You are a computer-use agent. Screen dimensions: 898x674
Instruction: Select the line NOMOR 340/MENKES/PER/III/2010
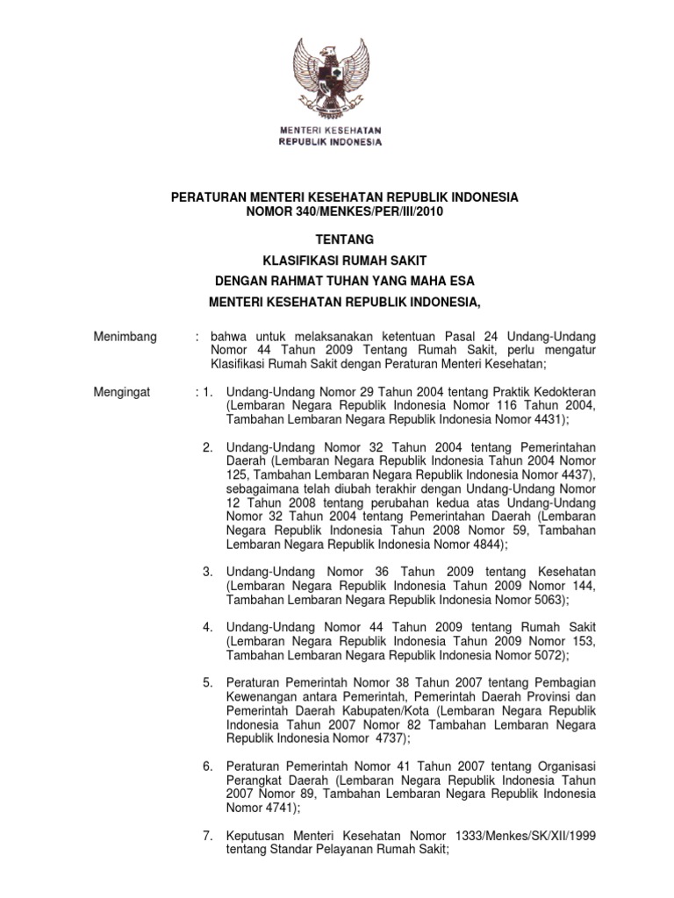pos(344,212)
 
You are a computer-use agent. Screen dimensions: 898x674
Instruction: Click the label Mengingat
pos(122,393)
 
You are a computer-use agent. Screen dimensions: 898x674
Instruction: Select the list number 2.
pos(207,448)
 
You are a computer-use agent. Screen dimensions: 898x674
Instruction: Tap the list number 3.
pos(207,572)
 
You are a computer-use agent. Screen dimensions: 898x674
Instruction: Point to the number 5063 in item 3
pos(550,600)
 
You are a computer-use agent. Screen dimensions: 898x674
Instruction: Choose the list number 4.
pos(207,628)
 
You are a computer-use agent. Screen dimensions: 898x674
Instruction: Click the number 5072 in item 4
pos(550,655)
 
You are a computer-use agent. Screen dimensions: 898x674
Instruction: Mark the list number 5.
pos(207,683)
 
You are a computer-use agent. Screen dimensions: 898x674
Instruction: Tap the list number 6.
pos(207,766)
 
